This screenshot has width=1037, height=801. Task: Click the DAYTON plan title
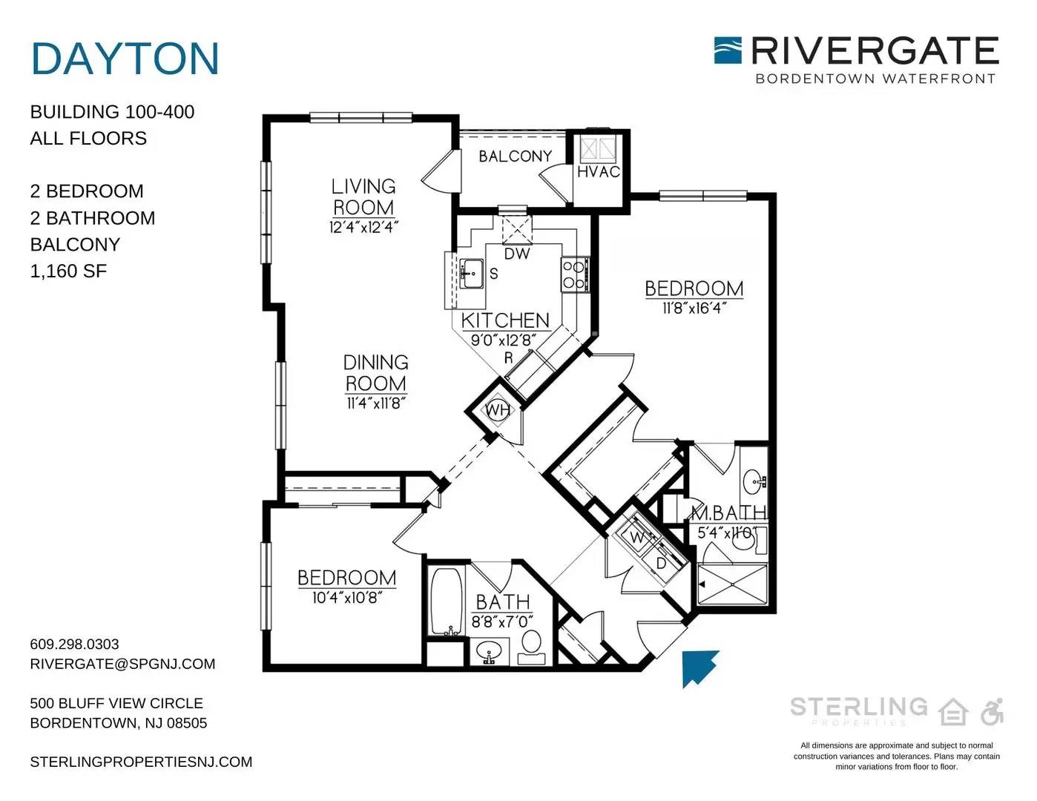coord(125,59)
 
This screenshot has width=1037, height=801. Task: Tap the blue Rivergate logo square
coord(728,50)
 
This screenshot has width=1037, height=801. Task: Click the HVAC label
coord(599,172)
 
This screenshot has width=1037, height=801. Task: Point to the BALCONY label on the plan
coord(515,156)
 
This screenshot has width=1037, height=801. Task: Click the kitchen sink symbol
coord(471,274)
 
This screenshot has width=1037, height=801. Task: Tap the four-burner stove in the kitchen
coord(574,275)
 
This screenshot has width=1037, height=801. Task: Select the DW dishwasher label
coord(517,254)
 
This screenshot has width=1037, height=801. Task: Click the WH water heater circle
coord(497,409)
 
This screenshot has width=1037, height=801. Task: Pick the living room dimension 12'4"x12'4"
coord(363,227)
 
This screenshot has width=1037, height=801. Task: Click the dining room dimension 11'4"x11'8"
coord(376,403)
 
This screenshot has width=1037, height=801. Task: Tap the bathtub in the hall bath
coord(447,601)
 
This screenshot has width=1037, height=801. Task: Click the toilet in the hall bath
coord(531,647)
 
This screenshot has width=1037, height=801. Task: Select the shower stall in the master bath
coord(732,584)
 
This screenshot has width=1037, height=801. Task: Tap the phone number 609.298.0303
coord(74,644)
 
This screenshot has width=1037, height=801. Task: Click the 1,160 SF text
coord(68,271)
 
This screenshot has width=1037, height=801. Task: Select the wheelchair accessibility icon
coord(992,712)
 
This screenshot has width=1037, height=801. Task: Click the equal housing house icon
coord(953,712)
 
